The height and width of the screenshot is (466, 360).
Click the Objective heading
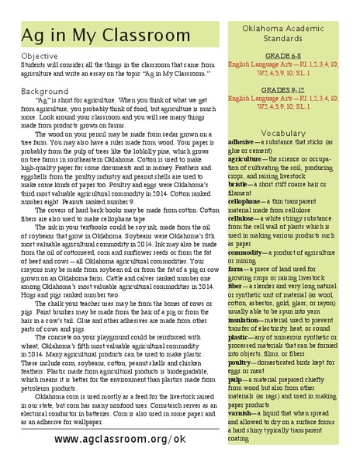tap(40, 57)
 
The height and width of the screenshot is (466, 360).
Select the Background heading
tap(45, 91)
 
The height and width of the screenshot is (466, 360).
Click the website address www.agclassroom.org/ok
tap(120, 439)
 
